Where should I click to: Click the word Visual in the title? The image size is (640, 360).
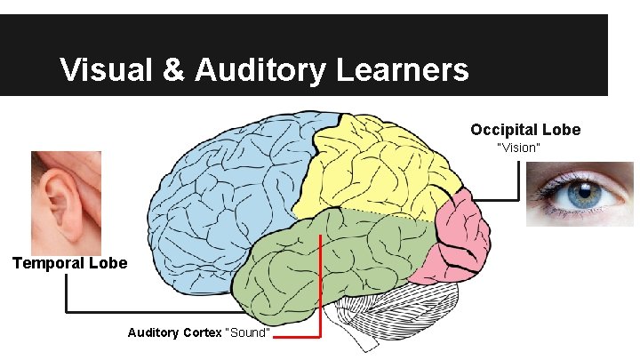107,69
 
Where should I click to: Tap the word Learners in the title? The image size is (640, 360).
403,69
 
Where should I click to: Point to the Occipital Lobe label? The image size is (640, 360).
525,130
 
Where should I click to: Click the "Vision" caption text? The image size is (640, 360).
518,148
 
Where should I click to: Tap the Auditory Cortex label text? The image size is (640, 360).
175,332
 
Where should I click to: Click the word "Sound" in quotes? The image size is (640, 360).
249,332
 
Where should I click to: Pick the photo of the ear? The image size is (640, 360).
66,202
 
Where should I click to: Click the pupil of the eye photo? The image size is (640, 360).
584,191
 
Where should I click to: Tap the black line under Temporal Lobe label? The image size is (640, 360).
151,312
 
